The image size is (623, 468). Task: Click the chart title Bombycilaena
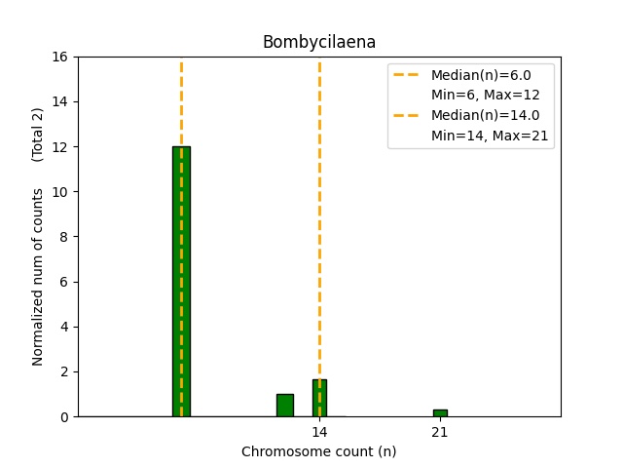pos(318,42)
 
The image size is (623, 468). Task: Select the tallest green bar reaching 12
pos(181,283)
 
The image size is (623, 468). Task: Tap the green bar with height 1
pos(284,406)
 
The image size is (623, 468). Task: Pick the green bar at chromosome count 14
pos(319,399)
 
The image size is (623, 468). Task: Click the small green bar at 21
pos(440,413)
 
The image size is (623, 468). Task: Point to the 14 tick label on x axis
pos(319,432)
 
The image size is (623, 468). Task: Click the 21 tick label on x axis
pos(440,432)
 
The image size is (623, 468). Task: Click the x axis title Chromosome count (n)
pos(318,451)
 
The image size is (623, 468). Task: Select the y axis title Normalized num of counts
pos(38,277)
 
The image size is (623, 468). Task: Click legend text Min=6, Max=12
pos(485,95)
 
